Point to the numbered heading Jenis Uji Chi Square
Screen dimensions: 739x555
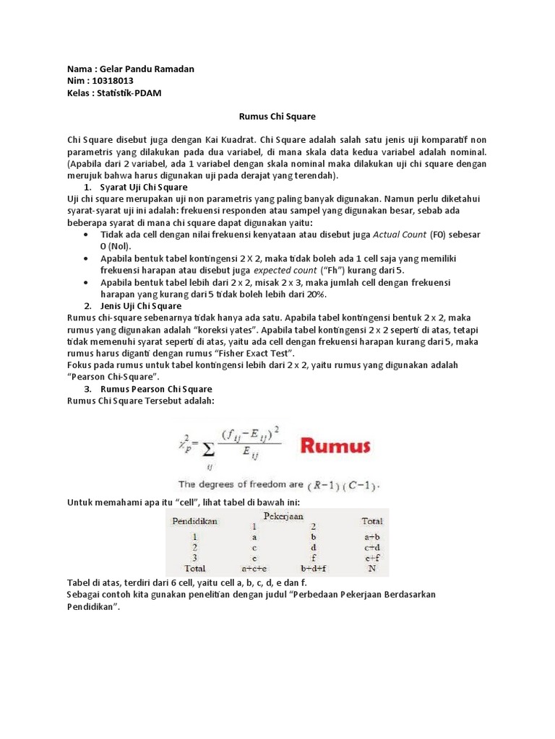[x=140, y=306]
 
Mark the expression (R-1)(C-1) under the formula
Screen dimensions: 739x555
[x=345, y=484]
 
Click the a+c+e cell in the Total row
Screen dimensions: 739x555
[x=255, y=567]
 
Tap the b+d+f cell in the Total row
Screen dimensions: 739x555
[x=314, y=567]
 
